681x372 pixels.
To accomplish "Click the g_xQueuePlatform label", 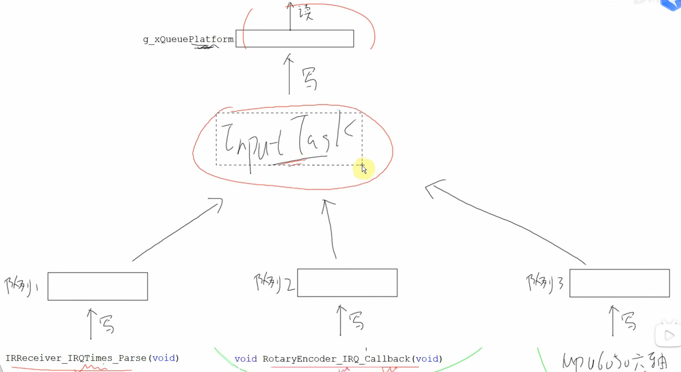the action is pyautogui.click(x=188, y=39).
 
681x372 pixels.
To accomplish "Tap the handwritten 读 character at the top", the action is pyautogui.click(x=306, y=12).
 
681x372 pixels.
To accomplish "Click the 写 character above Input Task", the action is pyautogui.click(x=310, y=79).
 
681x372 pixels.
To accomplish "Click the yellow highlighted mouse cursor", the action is pyautogui.click(x=364, y=168).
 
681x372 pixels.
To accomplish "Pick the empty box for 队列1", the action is pyautogui.click(x=98, y=287).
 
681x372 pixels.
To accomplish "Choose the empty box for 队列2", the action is pyautogui.click(x=347, y=283).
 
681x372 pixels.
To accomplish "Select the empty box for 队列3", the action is pyautogui.click(x=619, y=283).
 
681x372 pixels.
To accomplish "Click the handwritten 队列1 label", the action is pyautogui.click(x=20, y=286).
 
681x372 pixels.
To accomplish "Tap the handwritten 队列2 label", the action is pyautogui.click(x=274, y=282).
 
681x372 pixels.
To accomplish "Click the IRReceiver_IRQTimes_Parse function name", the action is pyautogui.click(x=76, y=358).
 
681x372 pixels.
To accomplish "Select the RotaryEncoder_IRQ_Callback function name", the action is pyautogui.click(x=336, y=359).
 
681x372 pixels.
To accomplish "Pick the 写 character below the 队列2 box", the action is pyautogui.click(x=356, y=321).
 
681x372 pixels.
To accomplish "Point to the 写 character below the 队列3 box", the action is pyautogui.click(x=629, y=321).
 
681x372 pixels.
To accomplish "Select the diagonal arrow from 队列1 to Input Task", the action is pyautogui.click(x=177, y=230).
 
